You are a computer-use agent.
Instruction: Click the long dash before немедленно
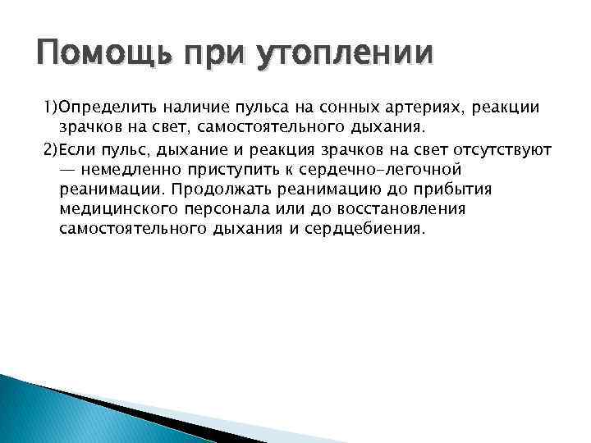[70, 171]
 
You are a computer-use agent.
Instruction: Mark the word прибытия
[434, 190]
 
